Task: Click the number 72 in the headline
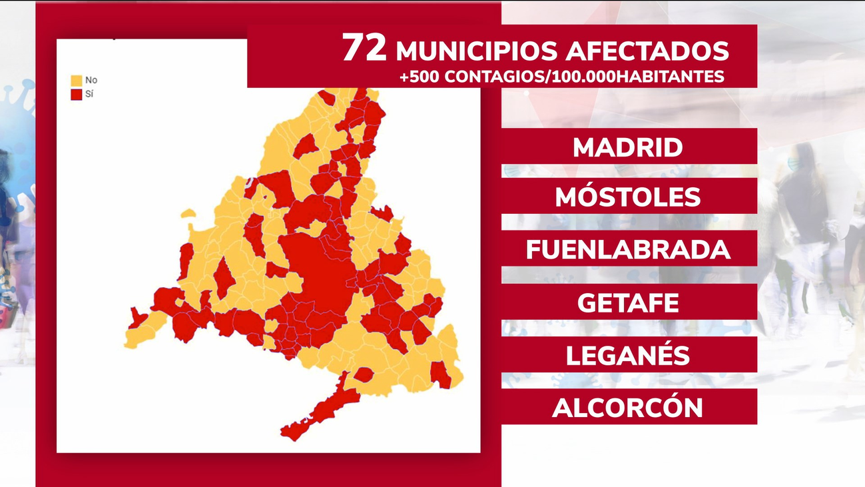pyautogui.click(x=364, y=48)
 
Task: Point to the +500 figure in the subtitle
pyautogui.click(x=420, y=77)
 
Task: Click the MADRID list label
pyautogui.click(x=628, y=147)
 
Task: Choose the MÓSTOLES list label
pyautogui.click(x=628, y=197)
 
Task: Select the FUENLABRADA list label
pyautogui.click(x=628, y=249)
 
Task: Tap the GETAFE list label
pyautogui.click(x=628, y=303)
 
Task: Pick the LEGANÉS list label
pyautogui.click(x=628, y=355)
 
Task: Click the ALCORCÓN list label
pyautogui.click(x=628, y=408)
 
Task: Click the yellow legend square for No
pyautogui.click(x=77, y=81)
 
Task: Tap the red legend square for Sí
pyautogui.click(x=77, y=95)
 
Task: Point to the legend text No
pyautogui.click(x=91, y=81)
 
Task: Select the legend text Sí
pyautogui.click(x=90, y=95)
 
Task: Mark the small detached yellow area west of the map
pyautogui.click(x=188, y=214)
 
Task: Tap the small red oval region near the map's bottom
pyautogui.click(x=364, y=374)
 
